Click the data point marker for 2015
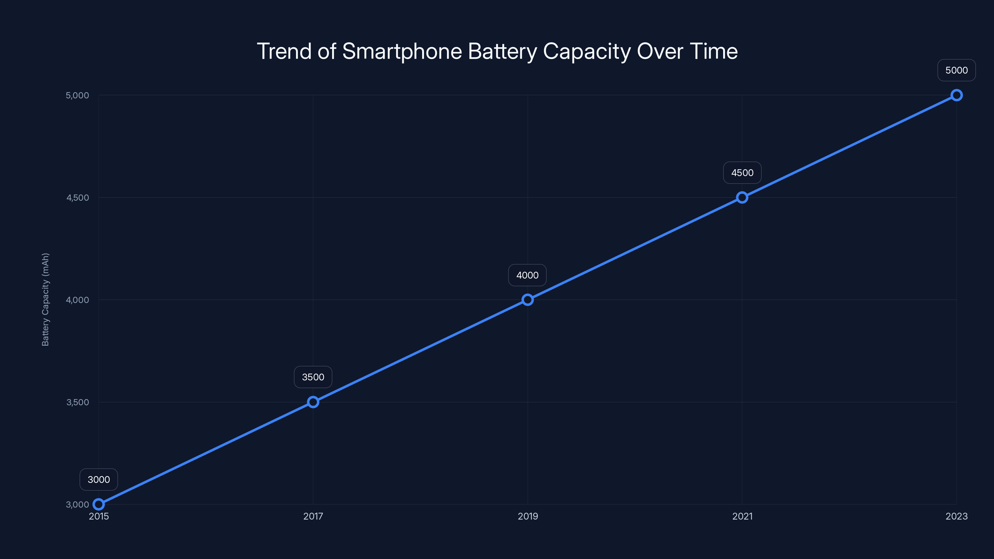coord(99,504)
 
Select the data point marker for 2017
coord(313,402)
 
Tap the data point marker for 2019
coord(527,300)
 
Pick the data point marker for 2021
coord(742,198)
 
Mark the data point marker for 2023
coord(957,95)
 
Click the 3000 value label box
coord(99,479)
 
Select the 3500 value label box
coord(313,377)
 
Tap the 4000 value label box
coord(527,275)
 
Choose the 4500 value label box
coord(742,173)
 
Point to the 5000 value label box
coord(957,70)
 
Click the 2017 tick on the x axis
coord(313,516)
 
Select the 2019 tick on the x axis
coord(527,516)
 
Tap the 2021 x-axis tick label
coord(742,516)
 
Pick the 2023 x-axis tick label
coord(957,516)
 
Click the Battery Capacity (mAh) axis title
coord(46,299)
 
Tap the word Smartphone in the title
coord(402,52)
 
